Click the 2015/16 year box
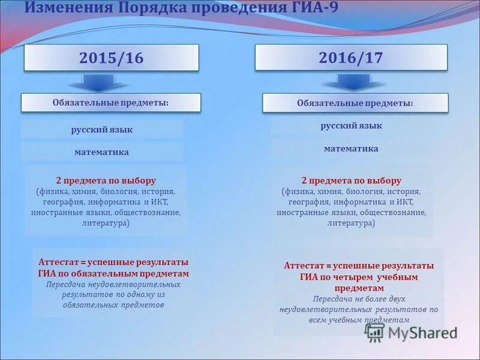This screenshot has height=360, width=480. pos(112,58)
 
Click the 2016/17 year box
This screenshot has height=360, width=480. pos(351,58)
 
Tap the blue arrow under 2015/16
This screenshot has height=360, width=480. pos(98,82)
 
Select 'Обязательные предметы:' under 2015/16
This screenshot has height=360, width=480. pos(110,103)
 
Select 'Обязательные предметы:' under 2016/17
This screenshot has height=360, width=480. pos(355,103)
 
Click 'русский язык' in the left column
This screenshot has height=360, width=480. pos(102,130)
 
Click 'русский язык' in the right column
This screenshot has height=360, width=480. pos(351,126)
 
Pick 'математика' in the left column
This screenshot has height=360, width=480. pos(101,152)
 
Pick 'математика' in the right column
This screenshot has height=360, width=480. pos(351,148)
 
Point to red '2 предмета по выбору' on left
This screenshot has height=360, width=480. pos(106,180)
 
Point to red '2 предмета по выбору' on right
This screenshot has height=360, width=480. pos(351,181)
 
